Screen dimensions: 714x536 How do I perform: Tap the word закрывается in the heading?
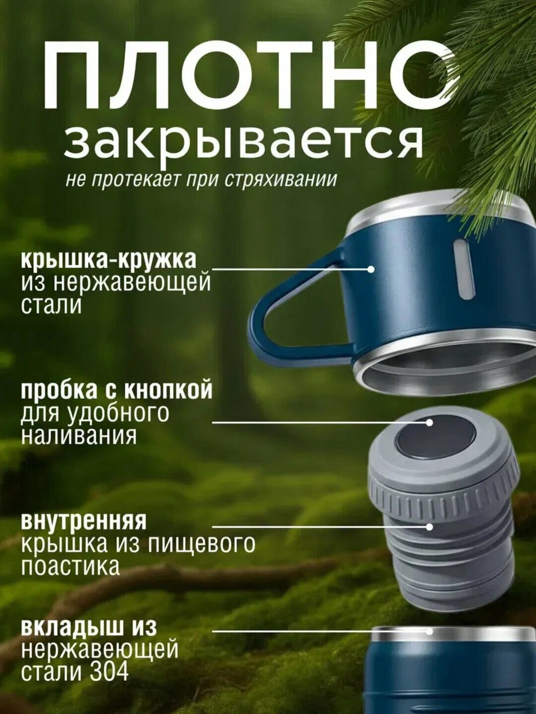[x=243, y=141]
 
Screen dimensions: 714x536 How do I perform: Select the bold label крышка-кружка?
[x=109, y=259]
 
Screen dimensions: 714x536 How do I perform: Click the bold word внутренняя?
[x=84, y=521]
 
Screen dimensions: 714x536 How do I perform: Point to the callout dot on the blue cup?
[x=371, y=269]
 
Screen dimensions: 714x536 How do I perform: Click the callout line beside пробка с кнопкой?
[x=318, y=423]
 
